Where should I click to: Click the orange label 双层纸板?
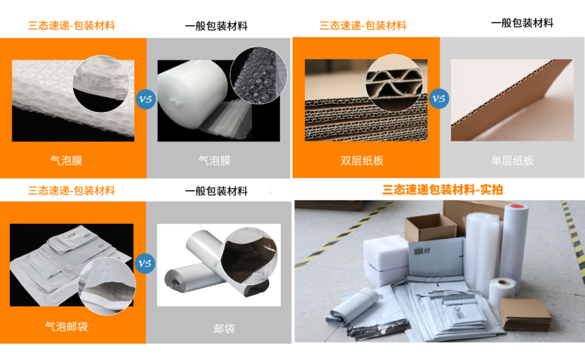tap(362, 161)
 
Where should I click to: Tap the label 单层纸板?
tap(512, 161)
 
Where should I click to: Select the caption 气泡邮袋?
tap(66, 327)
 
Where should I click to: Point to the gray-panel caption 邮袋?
tap(224, 329)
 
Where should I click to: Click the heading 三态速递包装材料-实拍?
tap(442, 190)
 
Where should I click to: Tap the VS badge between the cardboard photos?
tap(438, 98)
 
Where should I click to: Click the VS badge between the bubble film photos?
tap(145, 99)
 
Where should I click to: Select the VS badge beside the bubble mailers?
tap(145, 264)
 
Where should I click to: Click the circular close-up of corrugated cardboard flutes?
tap(394, 83)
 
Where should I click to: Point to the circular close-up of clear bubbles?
tap(259, 75)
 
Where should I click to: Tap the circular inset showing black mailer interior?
tap(249, 256)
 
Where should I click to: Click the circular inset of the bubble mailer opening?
tap(107, 286)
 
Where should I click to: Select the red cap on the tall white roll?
tap(517, 206)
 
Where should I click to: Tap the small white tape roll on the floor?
tap(502, 292)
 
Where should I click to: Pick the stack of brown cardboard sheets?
tap(525, 314)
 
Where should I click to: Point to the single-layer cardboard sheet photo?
tap(512, 100)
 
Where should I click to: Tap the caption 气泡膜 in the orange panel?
tap(66, 161)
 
